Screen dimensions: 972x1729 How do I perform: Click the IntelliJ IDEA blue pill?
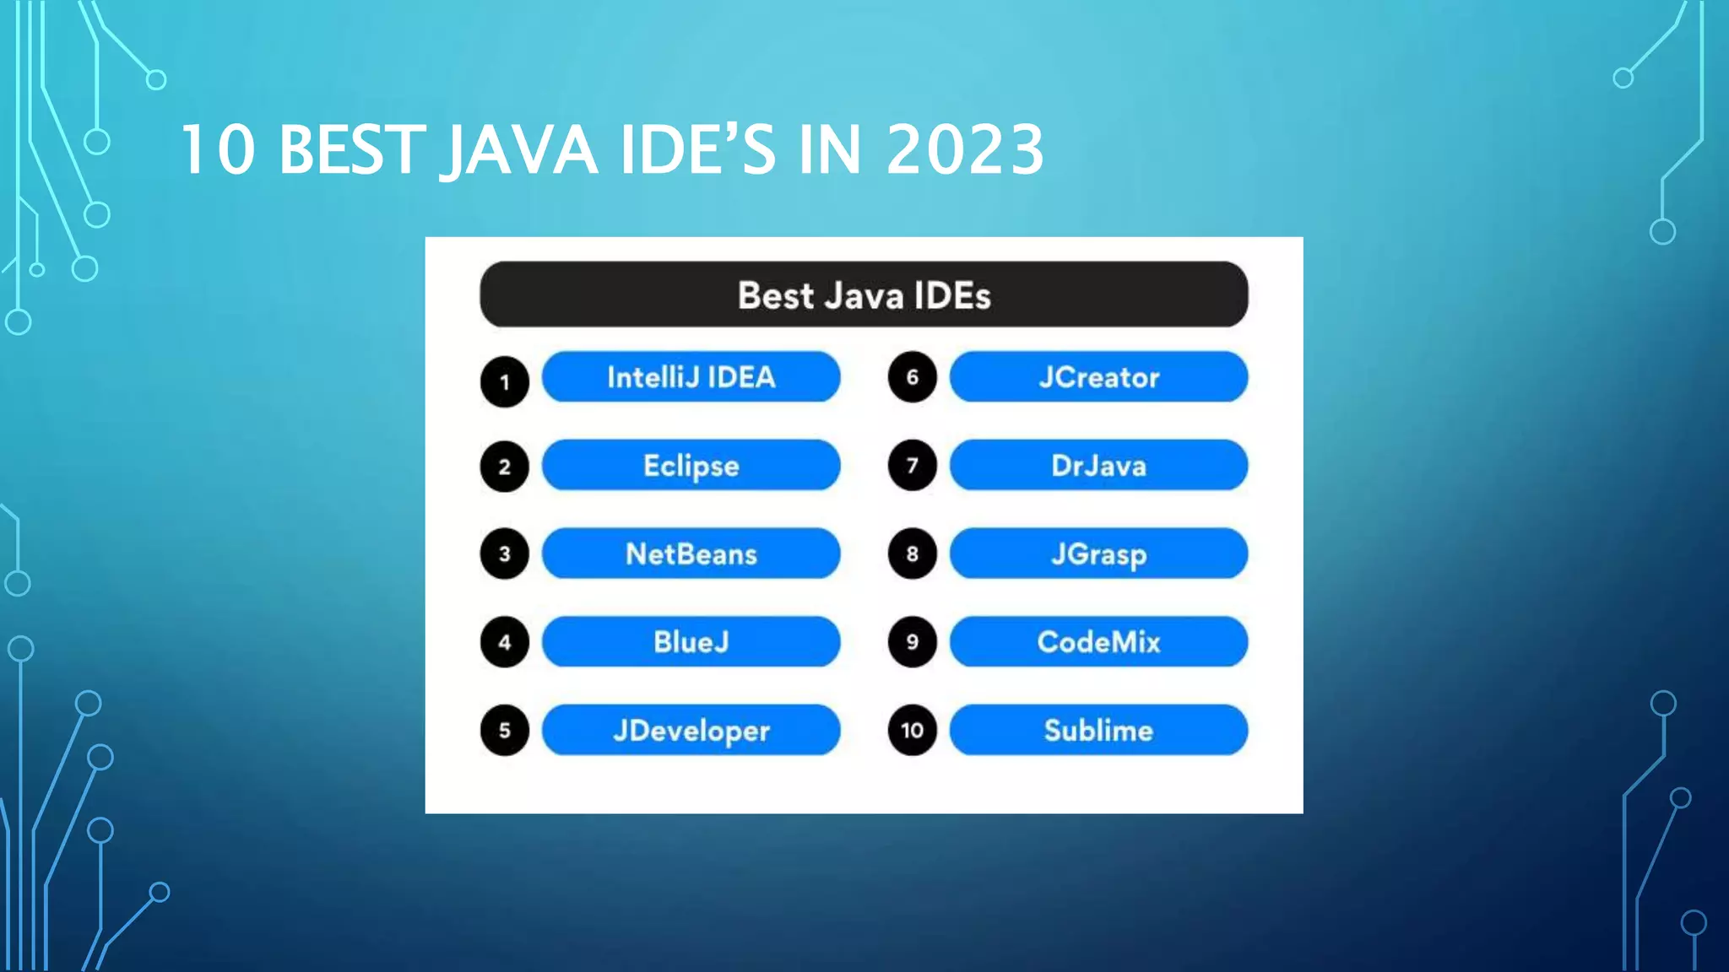coord(691,377)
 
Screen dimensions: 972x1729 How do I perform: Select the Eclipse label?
coord(691,465)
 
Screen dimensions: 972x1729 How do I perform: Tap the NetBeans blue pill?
coord(691,553)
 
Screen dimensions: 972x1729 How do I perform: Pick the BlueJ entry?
coord(691,642)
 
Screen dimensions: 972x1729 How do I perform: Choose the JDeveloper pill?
coord(691,730)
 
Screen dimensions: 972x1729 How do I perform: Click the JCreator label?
coord(1098,377)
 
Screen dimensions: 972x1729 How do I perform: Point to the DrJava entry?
coord(1098,465)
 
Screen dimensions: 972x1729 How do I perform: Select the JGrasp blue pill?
coord(1098,553)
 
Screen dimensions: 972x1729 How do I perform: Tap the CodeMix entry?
coord(1098,642)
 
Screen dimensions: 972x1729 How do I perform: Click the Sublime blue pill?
coord(1098,730)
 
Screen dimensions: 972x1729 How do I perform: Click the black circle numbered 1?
coord(505,382)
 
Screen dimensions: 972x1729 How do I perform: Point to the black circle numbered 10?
coord(912,730)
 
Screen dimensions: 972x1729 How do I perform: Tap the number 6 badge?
coord(912,377)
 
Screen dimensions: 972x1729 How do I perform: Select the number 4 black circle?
coord(505,642)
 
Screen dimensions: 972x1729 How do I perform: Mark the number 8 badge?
coord(912,553)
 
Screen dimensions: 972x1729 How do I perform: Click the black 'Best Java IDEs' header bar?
coord(864,294)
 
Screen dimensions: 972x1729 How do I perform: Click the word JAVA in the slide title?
coord(520,150)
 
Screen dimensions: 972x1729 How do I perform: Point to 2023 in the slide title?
coord(964,150)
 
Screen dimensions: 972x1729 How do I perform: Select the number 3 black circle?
coord(505,553)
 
